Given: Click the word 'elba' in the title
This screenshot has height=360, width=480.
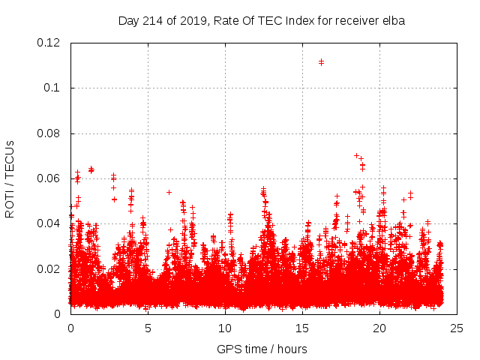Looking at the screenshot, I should click(392, 21).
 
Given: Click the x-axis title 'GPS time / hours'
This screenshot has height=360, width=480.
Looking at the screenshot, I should click(262, 349).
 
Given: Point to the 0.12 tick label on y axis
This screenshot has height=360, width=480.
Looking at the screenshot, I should click(50, 43).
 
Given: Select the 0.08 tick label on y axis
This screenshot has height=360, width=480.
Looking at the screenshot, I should click(50, 133).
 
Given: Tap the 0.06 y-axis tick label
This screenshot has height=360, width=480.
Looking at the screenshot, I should click(50, 178).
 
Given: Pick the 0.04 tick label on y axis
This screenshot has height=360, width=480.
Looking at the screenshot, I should click(50, 223).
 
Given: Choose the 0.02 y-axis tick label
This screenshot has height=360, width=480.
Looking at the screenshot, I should click(50, 268).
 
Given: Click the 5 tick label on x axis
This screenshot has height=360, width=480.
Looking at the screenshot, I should click(148, 328).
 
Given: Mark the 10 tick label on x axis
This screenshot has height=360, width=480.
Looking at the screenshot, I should click(225, 328).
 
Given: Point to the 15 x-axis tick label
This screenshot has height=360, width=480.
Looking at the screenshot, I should click(302, 328).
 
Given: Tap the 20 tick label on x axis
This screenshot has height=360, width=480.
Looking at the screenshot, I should click(379, 328).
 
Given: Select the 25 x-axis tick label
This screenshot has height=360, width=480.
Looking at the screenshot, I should click(457, 328).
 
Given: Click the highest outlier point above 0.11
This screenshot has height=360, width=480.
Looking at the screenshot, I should click(321, 61).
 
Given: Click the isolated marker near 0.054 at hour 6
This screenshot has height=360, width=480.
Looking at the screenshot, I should click(169, 192).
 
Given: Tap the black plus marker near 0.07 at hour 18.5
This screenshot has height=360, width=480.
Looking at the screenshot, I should click(356, 155).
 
